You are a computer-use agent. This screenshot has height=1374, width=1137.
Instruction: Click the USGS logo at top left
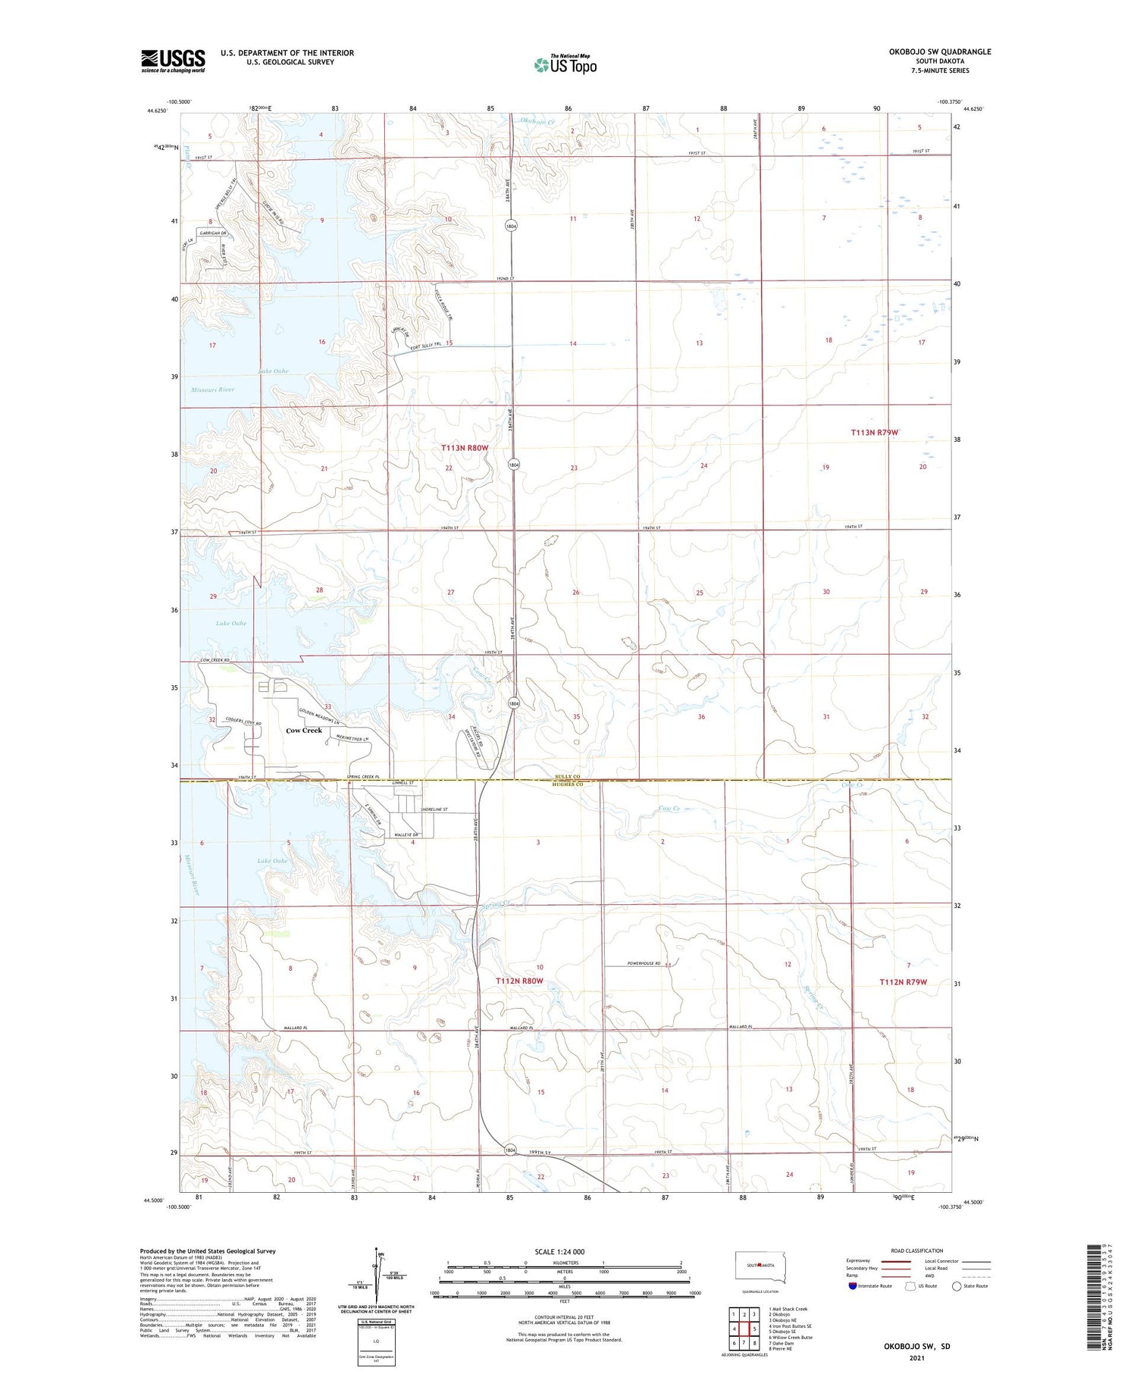pyautogui.click(x=173, y=61)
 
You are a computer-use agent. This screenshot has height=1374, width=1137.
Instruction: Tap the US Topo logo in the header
pyautogui.click(x=565, y=65)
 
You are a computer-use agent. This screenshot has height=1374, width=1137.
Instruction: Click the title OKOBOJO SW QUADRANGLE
pyautogui.click(x=939, y=52)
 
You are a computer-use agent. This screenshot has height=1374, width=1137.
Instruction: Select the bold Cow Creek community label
pyautogui.click(x=304, y=731)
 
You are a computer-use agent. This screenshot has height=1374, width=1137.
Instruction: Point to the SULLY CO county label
pyautogui.click(x=565, y=777)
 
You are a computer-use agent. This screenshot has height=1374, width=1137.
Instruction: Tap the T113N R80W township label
pyautogui.click(x=465, y=448)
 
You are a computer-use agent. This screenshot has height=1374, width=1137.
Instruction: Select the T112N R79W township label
pyautogui.click(x=903, y=982)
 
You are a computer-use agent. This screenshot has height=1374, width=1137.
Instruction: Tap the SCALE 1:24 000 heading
pyautogui.click(x=559, y=1251)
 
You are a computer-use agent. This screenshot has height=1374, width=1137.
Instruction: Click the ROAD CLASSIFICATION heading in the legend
pyautogui.click(x=916, y=1250)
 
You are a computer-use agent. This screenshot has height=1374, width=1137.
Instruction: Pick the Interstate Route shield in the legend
pyautogui.click(x=853, y=1286)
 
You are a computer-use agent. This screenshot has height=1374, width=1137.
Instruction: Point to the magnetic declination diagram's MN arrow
pyautogui.click(x=376, y=1256)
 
